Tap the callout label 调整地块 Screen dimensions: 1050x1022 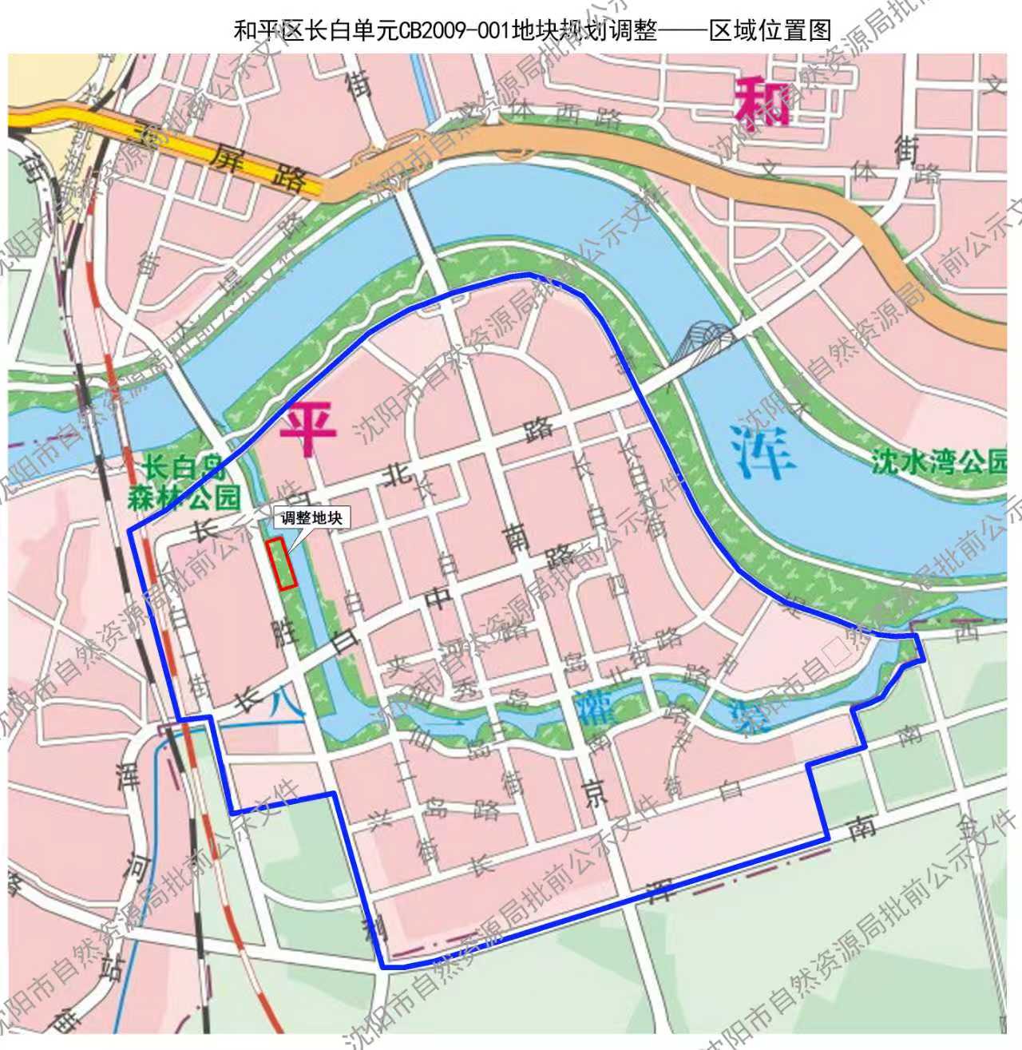point(311,517)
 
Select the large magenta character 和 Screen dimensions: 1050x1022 point(762,101)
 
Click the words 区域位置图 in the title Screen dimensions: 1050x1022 point(770,31)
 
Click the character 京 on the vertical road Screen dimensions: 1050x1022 point(595,790)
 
